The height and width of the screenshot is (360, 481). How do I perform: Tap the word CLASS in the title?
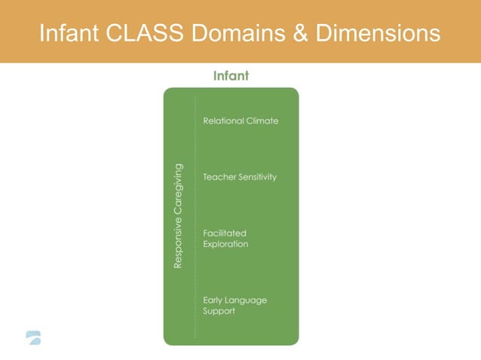click(x=151, y=33)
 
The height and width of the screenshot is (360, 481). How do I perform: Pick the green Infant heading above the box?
click(x=231, y=76)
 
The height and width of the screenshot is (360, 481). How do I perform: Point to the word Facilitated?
click(x=225, y=233)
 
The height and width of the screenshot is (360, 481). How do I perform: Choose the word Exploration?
click(x=225, y=244)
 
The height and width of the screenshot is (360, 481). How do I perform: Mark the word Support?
click(x=219, y=311)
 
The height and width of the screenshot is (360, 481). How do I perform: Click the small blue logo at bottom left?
click(x=32, y=337)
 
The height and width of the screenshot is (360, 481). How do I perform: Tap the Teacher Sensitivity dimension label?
click(x=240, y=177)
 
